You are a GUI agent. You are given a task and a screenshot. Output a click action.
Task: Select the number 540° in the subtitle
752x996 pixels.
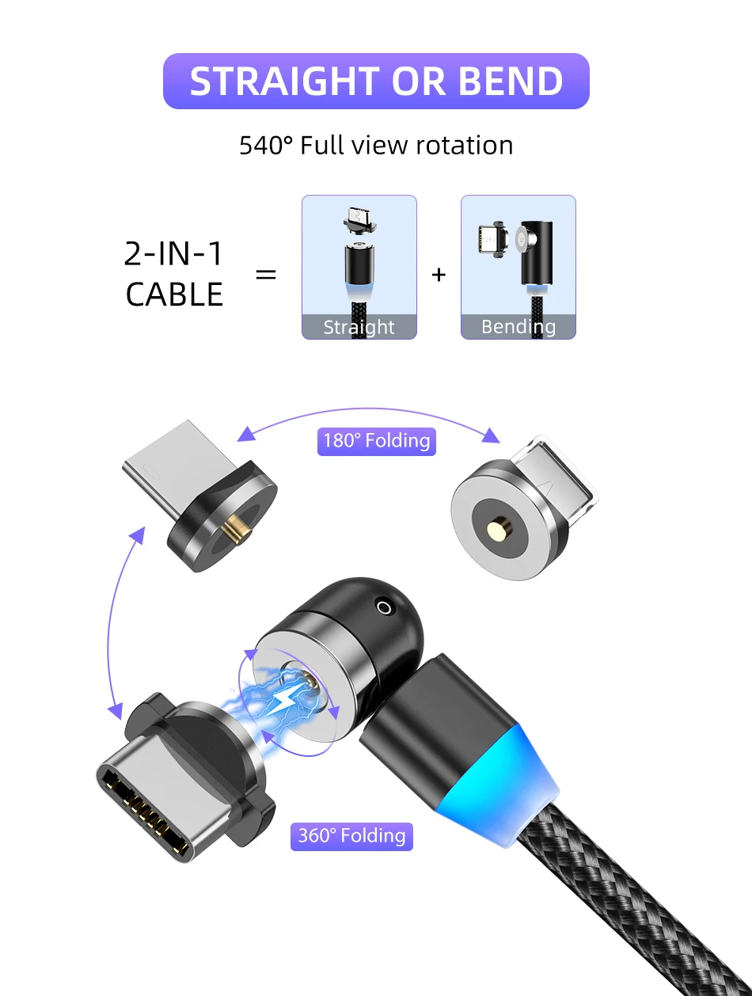(x=266, y=146)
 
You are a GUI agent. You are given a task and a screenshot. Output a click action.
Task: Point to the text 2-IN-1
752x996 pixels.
(x=174, y=253)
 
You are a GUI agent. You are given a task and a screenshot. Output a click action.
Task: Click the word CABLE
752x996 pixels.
(x=174, y=295)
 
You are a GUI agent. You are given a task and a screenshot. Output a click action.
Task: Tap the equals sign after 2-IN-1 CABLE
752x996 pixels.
(x=266, y=275)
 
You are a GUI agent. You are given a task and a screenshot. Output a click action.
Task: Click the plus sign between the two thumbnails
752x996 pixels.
(x=439, y=275)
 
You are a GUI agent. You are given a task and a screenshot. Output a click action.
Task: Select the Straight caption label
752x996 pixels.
(x=359, y=327)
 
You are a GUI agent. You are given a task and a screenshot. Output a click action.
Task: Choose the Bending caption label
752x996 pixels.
(x=518, y=327)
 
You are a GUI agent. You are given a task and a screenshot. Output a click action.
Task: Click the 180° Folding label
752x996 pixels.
(x=377, y=440)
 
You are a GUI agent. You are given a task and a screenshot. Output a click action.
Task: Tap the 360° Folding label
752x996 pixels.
(x=352, y=835)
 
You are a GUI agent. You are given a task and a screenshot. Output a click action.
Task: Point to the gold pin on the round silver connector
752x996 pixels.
(x=499, y=526)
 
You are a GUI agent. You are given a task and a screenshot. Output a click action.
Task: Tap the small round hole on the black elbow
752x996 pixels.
(x=385, y=607)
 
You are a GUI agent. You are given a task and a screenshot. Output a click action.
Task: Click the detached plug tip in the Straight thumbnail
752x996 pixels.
(x=358, y=219)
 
